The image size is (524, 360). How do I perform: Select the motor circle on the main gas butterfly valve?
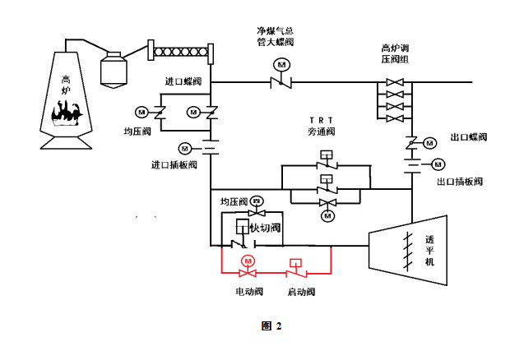(x=282, y=64)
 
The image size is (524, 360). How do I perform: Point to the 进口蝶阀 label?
(x=182, y=82)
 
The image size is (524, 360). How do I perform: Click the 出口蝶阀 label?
(x=469, y=137)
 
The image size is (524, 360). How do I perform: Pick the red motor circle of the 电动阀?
(x=247, y=261)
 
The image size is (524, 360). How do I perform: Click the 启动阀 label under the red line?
(x=300, y=292)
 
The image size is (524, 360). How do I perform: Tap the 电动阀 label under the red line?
(x=248, y=292)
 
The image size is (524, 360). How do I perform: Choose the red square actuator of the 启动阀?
(x=294, y=263)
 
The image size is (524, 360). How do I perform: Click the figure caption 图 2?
(x=271, y=326)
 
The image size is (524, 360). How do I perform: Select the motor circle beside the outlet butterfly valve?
(x=429, y=143)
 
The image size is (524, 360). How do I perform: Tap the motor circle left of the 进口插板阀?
(x=184, y=148)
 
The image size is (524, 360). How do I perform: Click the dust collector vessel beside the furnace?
(x=114, y=68)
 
